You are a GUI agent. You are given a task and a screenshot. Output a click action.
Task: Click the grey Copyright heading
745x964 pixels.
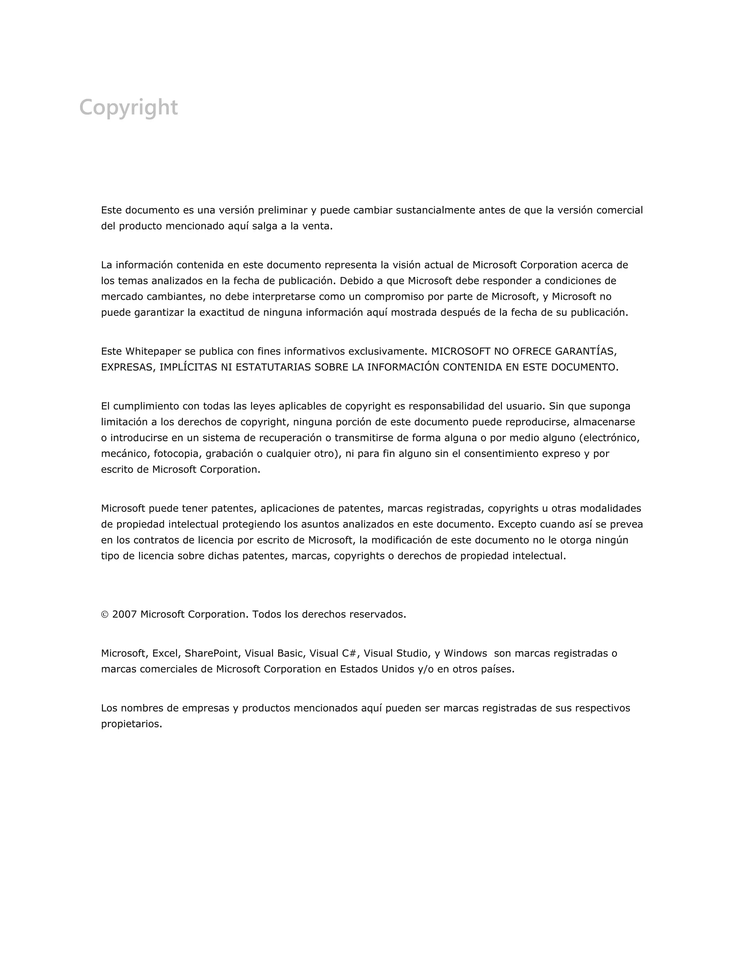pyautogui.click(x=128, y=108)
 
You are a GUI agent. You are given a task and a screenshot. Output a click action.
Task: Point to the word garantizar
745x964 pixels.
pyautogui.click(x=159, y=312)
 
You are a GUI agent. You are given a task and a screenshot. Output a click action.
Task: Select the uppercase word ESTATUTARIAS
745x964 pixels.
pyautogui.click(x=273, y=367)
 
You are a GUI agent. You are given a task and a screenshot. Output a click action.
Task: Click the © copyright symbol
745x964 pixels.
pyautogui.click(x=105, y=614)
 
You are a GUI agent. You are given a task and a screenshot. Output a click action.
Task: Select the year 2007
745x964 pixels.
pyautogui.click(x=124, y=614)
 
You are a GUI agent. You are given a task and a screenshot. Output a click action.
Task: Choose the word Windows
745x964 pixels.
pyautogui.click(x=465, y=653)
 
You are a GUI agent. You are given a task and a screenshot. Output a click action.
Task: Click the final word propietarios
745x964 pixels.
pyautogui.click(x=132, y=724)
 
